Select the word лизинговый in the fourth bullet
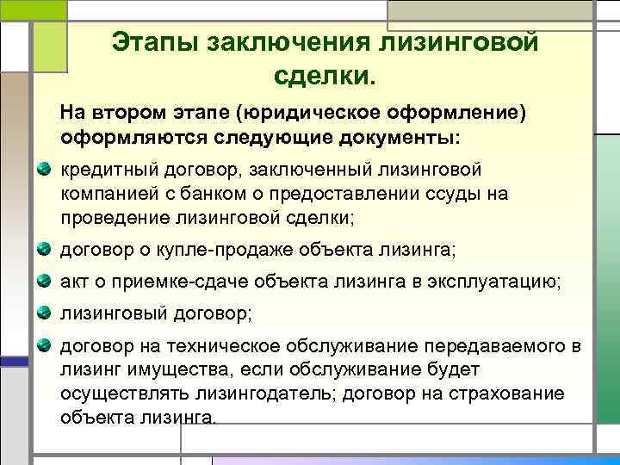(x=108, y=314)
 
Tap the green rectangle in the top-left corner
(x=49, y=40)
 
